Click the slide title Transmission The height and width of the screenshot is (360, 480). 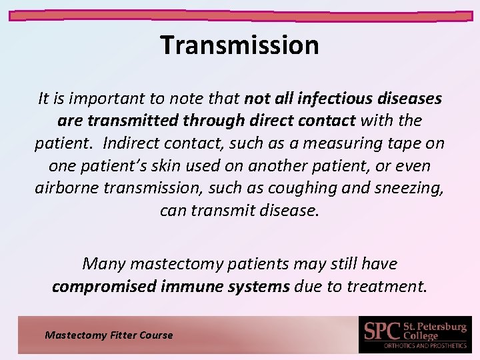pyautogui.click(x=240, y=45)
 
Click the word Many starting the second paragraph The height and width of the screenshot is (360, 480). pyautogui.click(x=104, y=264)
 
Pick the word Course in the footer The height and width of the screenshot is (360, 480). pyautogui.click(x=155, y=335)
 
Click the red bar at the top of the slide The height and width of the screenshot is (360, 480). pyautogui.click(x=240, y=14)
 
